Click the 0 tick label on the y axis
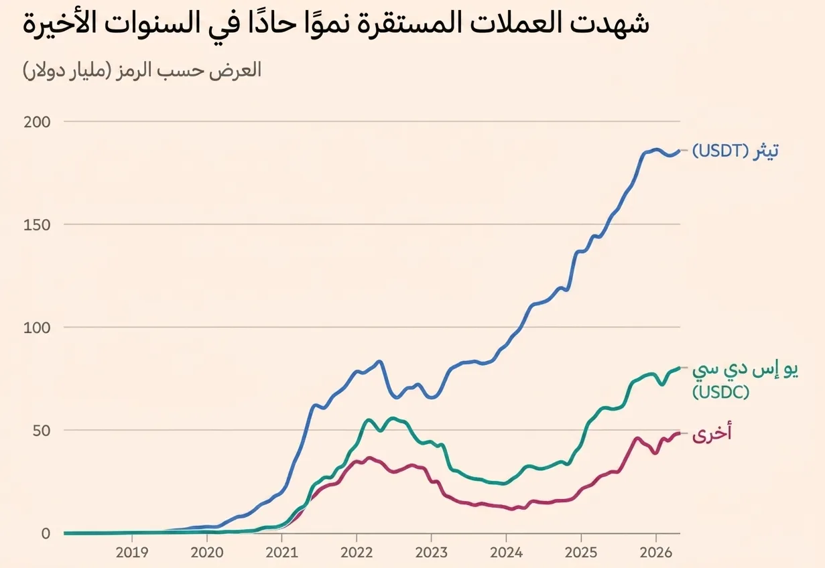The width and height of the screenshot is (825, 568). click(46, 533)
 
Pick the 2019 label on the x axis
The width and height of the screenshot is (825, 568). click(132, 553)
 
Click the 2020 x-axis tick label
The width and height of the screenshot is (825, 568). click(206, 553)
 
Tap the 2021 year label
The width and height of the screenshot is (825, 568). click(281, 553)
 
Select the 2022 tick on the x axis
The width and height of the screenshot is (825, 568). click(357, 553)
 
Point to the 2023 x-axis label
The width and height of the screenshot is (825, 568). click(431, 553)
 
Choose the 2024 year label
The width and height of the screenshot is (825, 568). click(506, 553)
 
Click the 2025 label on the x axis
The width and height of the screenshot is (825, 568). click(580, 553)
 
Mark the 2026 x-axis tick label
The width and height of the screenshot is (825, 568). click(655, 553)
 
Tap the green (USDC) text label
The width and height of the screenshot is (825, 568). click(720, 392)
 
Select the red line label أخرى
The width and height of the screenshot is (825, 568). click(712, 434)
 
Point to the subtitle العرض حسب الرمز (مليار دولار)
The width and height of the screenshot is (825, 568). click(141, 70)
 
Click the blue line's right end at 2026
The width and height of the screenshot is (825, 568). click(679, 151)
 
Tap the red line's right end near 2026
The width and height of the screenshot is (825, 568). click(679, 433)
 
